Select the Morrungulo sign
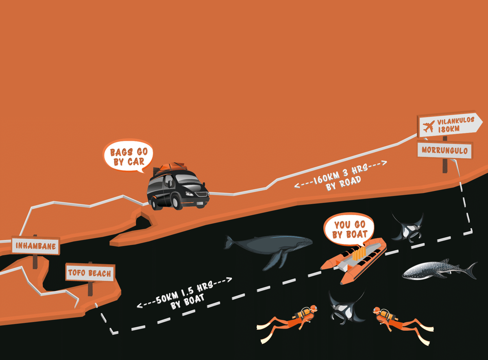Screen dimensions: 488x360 point(444,150)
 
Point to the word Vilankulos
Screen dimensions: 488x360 point(455,121)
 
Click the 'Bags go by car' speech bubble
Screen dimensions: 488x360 point(129,156)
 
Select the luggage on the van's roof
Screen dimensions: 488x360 point(171,166)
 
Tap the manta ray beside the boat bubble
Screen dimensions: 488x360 point(408,228)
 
